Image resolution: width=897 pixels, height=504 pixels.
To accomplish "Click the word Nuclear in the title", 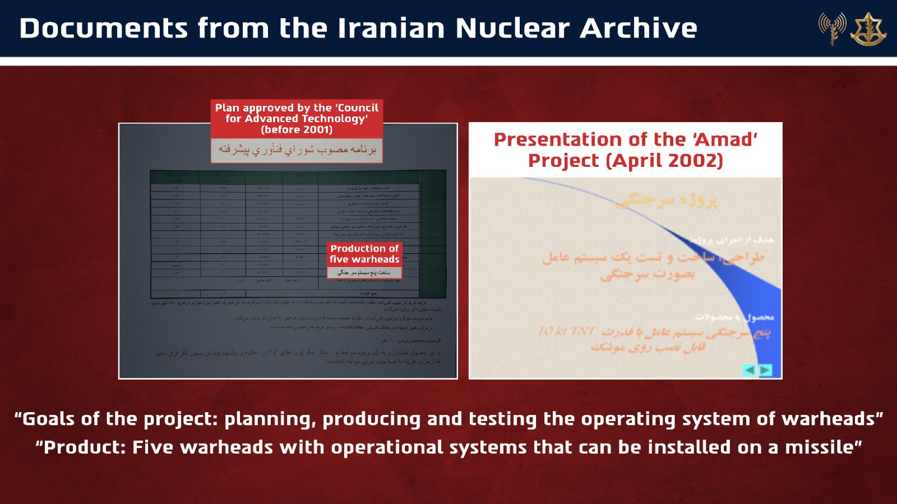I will tap(512, 28).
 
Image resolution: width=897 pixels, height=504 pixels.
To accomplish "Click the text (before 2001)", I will tap(297, 129).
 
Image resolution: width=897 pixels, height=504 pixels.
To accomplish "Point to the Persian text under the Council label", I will tap(297, 150).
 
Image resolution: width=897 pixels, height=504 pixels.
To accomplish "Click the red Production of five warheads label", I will tap(364, 254).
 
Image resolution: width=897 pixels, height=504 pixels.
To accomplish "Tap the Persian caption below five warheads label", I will tap(364, 272).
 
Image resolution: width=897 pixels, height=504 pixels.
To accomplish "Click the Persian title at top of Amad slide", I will tap(665, 200).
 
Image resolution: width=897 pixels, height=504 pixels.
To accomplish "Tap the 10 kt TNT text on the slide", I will tap(566, 331).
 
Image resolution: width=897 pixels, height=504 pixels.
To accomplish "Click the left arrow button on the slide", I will tap(749, 370).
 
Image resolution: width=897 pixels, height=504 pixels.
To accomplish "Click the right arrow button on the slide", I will tap(765, 370).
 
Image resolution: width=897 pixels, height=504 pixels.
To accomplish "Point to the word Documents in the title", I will tap(104, 28).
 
